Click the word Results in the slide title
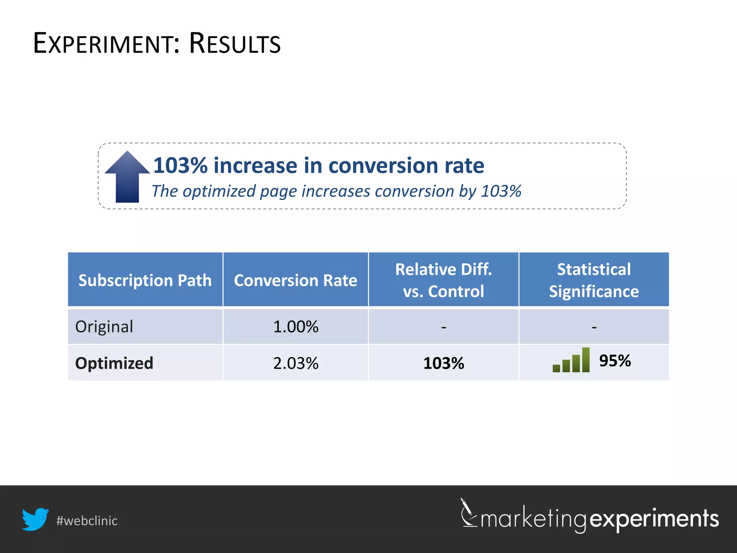tap(235, 44)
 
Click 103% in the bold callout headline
tap(180, 166)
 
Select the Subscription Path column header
tap(145, 280)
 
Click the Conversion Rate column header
tap(295, 280)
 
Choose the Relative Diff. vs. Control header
tap(443, 280)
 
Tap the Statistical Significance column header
tap(594, 280)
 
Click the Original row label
tap(104, 327)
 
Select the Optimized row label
tap(114, 363)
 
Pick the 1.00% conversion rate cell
tap(295, 327)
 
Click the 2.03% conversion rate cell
tap(295, 363)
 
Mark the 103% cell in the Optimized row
tap(443, 363)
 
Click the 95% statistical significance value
tap(615, 360)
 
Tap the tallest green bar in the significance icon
tap(585, 360)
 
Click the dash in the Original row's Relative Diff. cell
tap(443, 327)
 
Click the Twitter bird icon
tap(35, 519)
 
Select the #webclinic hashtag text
tap(87, 521)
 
